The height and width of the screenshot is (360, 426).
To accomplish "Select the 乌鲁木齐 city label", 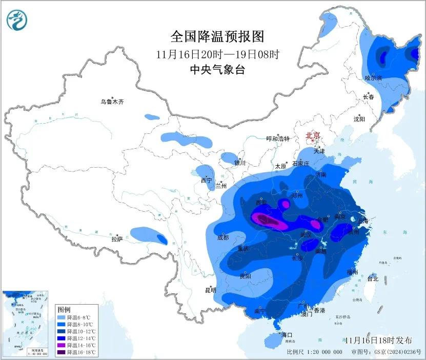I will tap(112, 102).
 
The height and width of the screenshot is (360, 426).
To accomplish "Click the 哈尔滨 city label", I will tap(373, 78).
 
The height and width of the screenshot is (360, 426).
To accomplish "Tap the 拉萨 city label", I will tap(117, 239).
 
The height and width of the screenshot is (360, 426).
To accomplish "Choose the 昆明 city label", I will tap(210, 290).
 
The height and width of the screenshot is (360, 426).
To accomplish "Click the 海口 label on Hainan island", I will tap(287, 334).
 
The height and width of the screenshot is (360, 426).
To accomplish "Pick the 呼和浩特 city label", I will tap(278, 139).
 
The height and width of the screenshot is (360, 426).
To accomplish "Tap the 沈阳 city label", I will tap(359, 119).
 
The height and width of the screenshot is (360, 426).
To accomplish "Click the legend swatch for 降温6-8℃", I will tap(61, 318).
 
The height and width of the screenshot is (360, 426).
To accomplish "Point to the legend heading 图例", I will tap(64, 310).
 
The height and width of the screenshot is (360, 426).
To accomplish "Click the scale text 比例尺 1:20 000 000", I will tap(314, 352).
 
